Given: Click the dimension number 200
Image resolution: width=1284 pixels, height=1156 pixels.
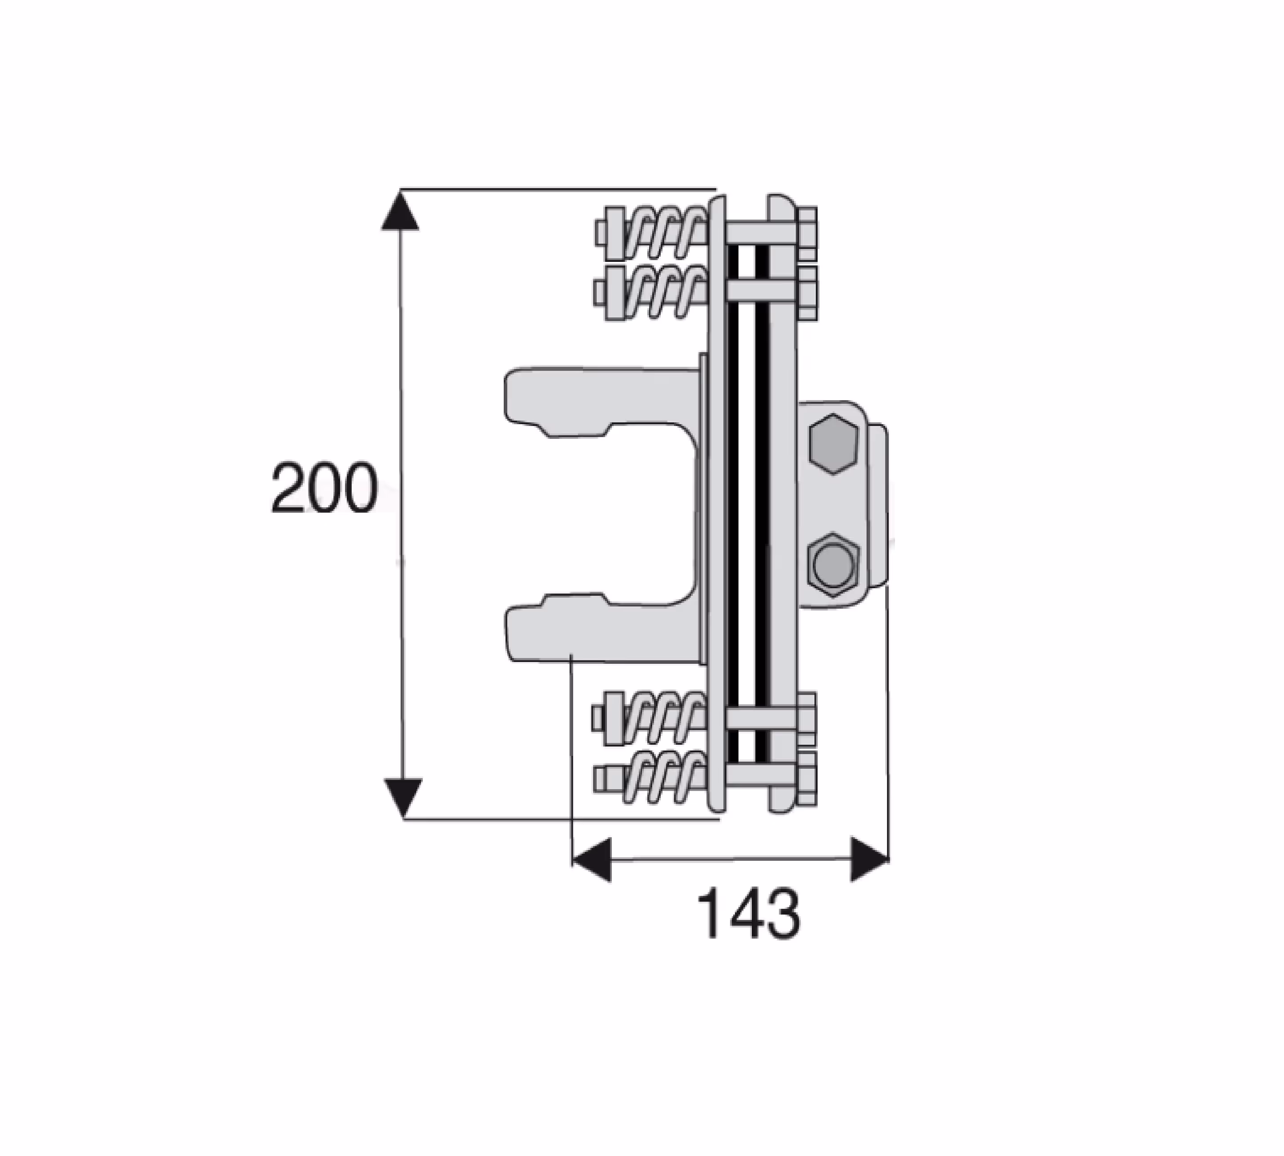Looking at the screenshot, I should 324,488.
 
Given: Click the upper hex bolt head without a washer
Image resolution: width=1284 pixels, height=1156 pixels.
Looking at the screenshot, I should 833,443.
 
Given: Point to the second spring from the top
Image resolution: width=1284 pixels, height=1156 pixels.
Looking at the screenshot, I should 664,292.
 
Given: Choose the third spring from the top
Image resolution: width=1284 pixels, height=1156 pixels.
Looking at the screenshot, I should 664,718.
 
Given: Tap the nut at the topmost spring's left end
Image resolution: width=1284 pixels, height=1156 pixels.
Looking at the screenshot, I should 615,233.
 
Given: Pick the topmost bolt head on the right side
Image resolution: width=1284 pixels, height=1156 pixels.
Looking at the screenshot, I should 807,233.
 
